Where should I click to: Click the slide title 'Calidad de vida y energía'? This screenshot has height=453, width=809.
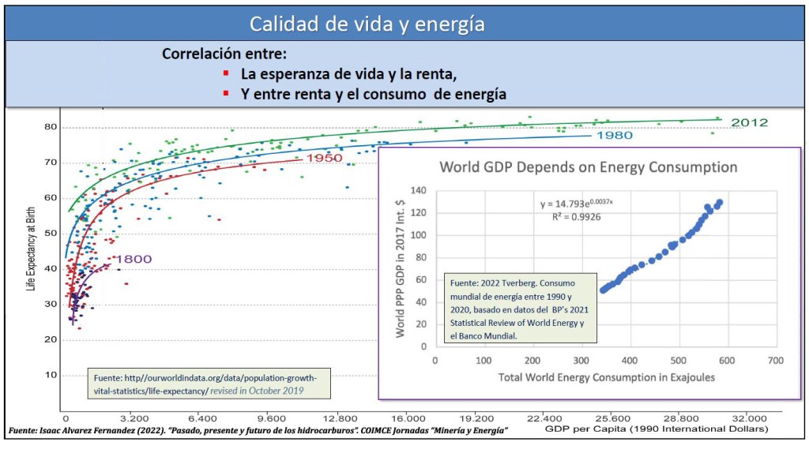point(367,24)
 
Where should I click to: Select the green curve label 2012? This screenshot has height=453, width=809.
point(749,122)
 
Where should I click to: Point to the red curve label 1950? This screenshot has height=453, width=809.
point(324,159)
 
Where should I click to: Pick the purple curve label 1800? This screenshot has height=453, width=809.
point(134,259)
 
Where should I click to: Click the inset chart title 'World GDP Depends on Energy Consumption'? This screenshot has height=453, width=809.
point(588,167)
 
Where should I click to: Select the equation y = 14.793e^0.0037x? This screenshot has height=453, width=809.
point(577,204)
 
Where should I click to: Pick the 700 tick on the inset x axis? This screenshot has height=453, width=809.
point(776,360)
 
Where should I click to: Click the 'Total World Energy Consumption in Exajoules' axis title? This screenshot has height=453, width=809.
point(607,377)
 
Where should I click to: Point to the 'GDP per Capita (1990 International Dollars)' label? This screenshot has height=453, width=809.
point(656,430)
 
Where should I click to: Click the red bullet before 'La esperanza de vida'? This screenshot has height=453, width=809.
point(226,75)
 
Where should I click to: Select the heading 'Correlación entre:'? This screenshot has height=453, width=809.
point(224,54)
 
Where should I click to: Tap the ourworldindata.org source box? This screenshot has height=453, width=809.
point(209,381)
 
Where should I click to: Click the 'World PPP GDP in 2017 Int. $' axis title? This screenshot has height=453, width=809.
point(401,268)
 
